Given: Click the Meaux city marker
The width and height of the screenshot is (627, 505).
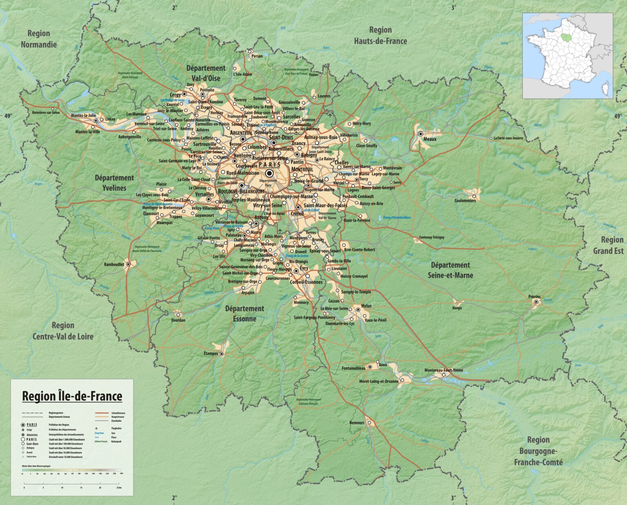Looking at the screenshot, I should tap(421, 133).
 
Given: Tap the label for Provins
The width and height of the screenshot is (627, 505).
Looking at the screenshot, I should tap(534, 297).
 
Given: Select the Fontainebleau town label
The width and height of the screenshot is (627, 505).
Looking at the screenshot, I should tap(354, 368).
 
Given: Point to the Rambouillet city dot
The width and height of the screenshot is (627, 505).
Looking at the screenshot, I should tap(128, 264).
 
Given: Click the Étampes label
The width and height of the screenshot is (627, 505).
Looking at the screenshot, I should tap(211, 353).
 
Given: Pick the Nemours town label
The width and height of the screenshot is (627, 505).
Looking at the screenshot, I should tap(356, 423).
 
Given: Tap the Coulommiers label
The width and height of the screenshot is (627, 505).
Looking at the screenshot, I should tap(465, 201).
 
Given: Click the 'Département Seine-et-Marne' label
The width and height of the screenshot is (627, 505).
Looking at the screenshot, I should tap(450, 270).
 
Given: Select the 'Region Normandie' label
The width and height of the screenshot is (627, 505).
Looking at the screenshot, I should tap(39, 39).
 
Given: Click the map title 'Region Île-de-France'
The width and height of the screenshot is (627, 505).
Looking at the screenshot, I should tap(72, 396).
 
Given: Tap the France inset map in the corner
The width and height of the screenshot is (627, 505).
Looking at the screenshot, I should tap(567, 55).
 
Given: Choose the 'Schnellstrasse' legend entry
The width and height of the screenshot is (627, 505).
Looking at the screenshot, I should tap(118, 413).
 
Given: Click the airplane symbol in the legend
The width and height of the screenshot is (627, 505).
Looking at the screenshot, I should tap(97, 429).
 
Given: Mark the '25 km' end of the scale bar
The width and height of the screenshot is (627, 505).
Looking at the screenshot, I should tap(118, 487).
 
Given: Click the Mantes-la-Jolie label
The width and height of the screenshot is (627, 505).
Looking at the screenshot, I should tap(83, 116).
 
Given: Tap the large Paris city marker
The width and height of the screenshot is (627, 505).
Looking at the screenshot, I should tap(269, 173).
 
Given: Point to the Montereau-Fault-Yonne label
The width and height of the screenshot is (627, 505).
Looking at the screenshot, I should tap(444, 370).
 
